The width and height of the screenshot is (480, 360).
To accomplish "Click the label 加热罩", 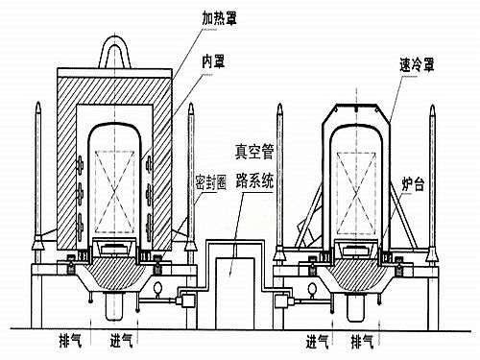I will click(224, 16).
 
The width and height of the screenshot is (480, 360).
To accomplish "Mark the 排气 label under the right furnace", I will click(364, 341).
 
